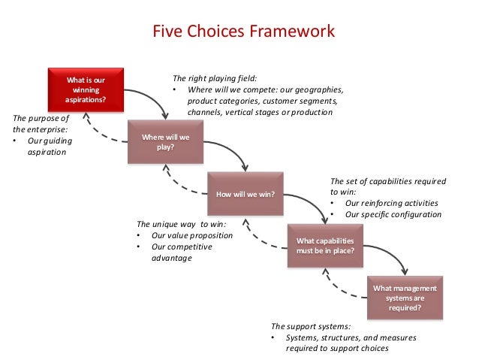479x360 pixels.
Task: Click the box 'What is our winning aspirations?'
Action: (86, 89)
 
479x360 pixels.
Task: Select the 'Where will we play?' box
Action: (166, 141)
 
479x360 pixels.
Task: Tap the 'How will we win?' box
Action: (246, 194)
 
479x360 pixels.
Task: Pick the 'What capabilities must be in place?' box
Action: (325, 246)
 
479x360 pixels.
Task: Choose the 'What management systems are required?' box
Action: (405, 297)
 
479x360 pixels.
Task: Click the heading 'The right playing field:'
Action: (215, 77)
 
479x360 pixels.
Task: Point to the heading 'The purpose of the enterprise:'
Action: (41, 123)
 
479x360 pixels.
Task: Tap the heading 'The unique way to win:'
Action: (181, 224)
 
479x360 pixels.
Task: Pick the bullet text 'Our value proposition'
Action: (191, 235)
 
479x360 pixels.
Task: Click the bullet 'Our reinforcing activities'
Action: (391, 203)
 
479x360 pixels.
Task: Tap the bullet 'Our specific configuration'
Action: (393, 214)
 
